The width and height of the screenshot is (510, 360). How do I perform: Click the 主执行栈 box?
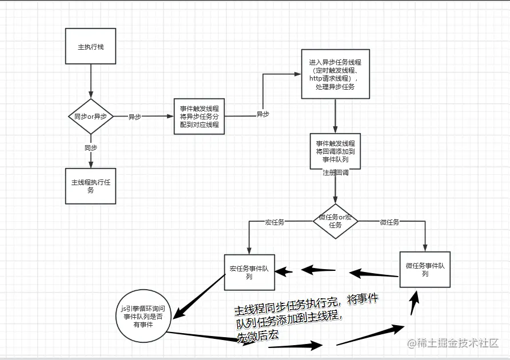(90, 46)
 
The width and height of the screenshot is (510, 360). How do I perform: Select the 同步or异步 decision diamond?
(90, 117)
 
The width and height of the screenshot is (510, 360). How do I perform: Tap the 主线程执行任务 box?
(90, 186)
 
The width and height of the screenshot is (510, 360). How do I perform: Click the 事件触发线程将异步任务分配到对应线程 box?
(199, 117)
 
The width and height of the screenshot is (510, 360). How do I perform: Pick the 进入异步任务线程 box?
(335, 74)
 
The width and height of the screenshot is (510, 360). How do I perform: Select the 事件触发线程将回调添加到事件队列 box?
(335, 151)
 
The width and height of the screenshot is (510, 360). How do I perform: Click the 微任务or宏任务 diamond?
(335, 221)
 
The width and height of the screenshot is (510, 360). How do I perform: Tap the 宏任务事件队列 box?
(249, 273)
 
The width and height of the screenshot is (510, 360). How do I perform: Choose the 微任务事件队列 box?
(424, 270)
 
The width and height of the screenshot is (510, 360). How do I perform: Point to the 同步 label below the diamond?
(90, 147)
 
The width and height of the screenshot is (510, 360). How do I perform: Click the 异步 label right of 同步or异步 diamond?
(134, 117)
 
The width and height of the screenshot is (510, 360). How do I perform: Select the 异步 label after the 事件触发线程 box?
(262, 114)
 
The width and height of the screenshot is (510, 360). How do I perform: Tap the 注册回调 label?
(335, 173)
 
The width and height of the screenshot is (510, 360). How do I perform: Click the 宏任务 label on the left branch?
(274, 222)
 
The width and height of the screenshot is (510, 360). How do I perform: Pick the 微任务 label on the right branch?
(389, 222)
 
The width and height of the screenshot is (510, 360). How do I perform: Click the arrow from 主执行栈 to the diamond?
(90, 80)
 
